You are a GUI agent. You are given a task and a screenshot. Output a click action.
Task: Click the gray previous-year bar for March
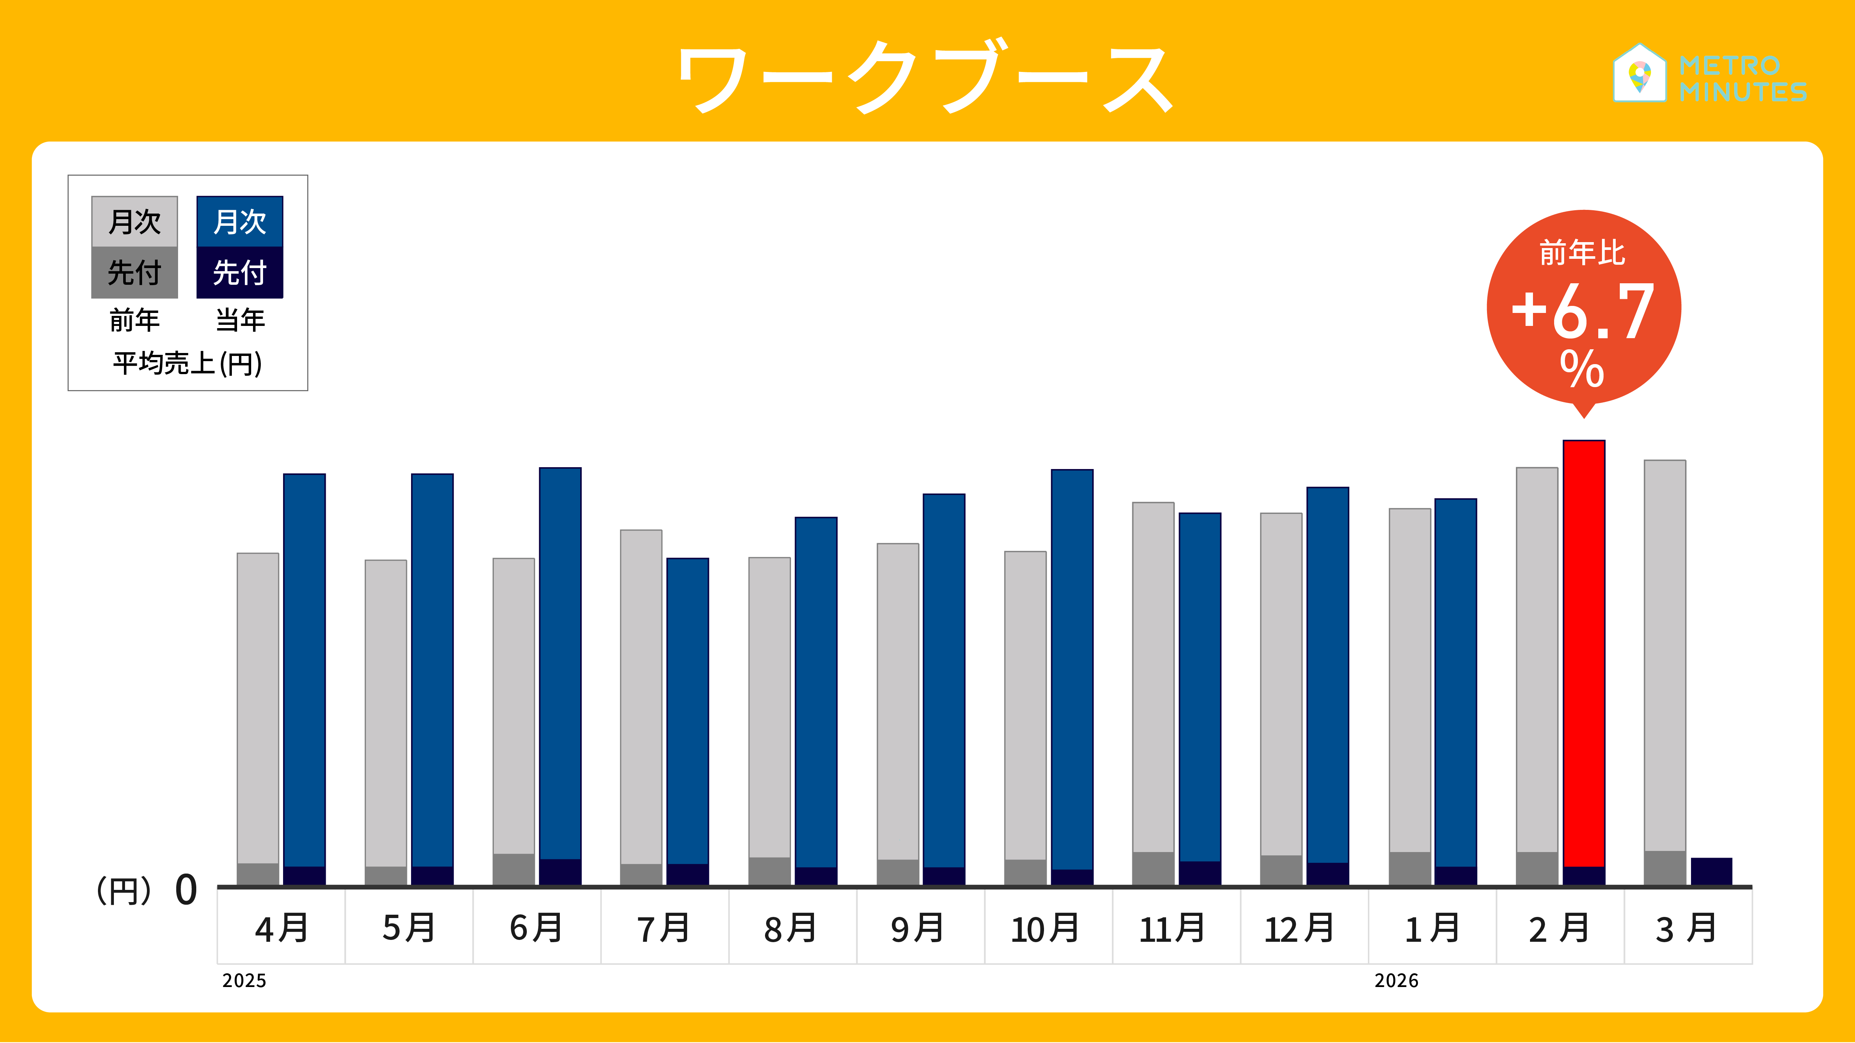[1665, 655]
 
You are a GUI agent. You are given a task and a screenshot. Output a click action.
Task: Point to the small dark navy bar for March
[1711, 871]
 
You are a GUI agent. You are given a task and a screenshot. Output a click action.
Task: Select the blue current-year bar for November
[1200, 687]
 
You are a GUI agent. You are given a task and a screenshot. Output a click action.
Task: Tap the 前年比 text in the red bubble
[1582, 253]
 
